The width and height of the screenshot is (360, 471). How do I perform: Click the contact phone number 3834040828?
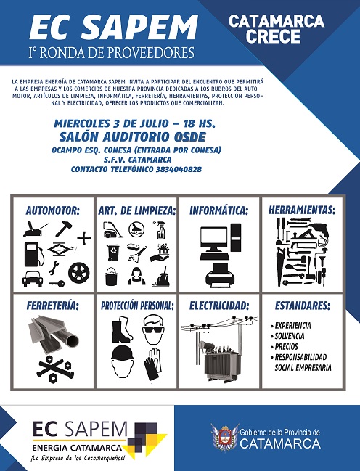pyautogui.click(x=179, y=169)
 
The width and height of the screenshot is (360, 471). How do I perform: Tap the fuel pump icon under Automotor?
pyautogui.click(x=34, y=255)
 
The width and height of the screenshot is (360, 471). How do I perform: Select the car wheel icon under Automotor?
pyautogui.click(x=78, y=273)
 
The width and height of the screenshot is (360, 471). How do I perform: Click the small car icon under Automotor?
pyautogui.click(x=33, y=279)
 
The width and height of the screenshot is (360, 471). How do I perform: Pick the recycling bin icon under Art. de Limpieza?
pyautogui.click(x=112, y=253)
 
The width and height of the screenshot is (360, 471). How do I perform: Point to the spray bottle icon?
pyautogui.click(x=160, y=230)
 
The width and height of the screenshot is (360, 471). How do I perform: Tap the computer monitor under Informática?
pyautogui.click(x=213, y=239)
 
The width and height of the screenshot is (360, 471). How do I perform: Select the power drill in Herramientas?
pyautogui.click(x=319, y=232)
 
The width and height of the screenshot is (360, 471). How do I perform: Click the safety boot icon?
pyautogui.click(x=122, y=329)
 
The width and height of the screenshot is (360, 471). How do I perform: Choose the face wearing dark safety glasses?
pyautogui.click(x=153, y=329)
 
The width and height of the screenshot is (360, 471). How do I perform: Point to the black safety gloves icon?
pyautogui.click(x=153, y=364)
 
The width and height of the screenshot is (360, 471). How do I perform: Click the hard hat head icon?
pyautogui.click(x=123, y=361)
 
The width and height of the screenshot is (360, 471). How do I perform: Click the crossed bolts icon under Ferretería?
pyautogui.click(x=56, y=369)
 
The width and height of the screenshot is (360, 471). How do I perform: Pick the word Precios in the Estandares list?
pyautogui.click(x=287, y=347)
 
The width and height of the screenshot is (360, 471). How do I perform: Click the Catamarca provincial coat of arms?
pyautogui.click(x=224, y=438)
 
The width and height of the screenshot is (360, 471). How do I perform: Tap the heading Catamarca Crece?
pyautogui.click(x=277, y=28)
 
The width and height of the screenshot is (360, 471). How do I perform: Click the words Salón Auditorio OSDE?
pyautogui.click(x=133, y=137)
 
